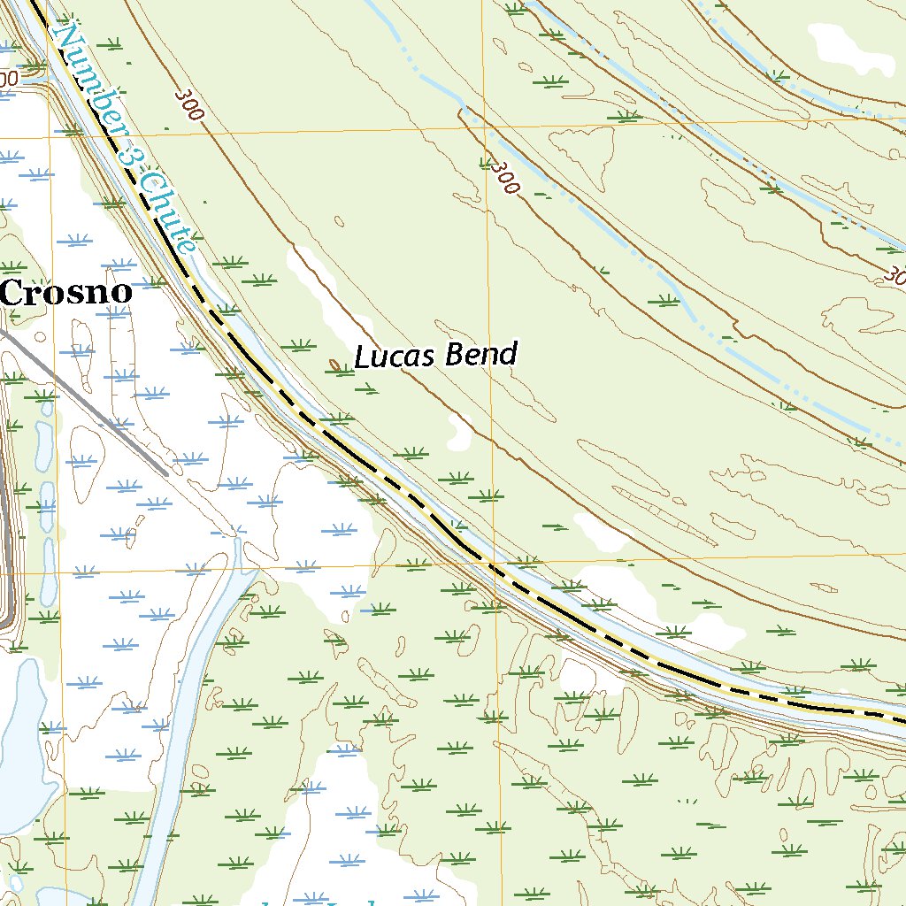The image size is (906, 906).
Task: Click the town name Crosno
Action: (66, 292)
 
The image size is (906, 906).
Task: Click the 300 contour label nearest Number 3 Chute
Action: (189, 104)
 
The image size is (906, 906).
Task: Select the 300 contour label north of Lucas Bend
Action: (503, 177)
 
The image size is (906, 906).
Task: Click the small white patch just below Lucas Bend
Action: (460, 431)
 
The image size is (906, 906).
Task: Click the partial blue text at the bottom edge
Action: (319, 901)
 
